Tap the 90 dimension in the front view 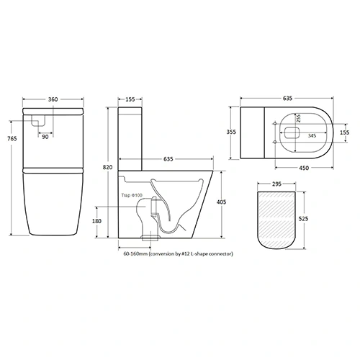[45, 136]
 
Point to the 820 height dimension [107, 166]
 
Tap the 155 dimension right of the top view [345, 132]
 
